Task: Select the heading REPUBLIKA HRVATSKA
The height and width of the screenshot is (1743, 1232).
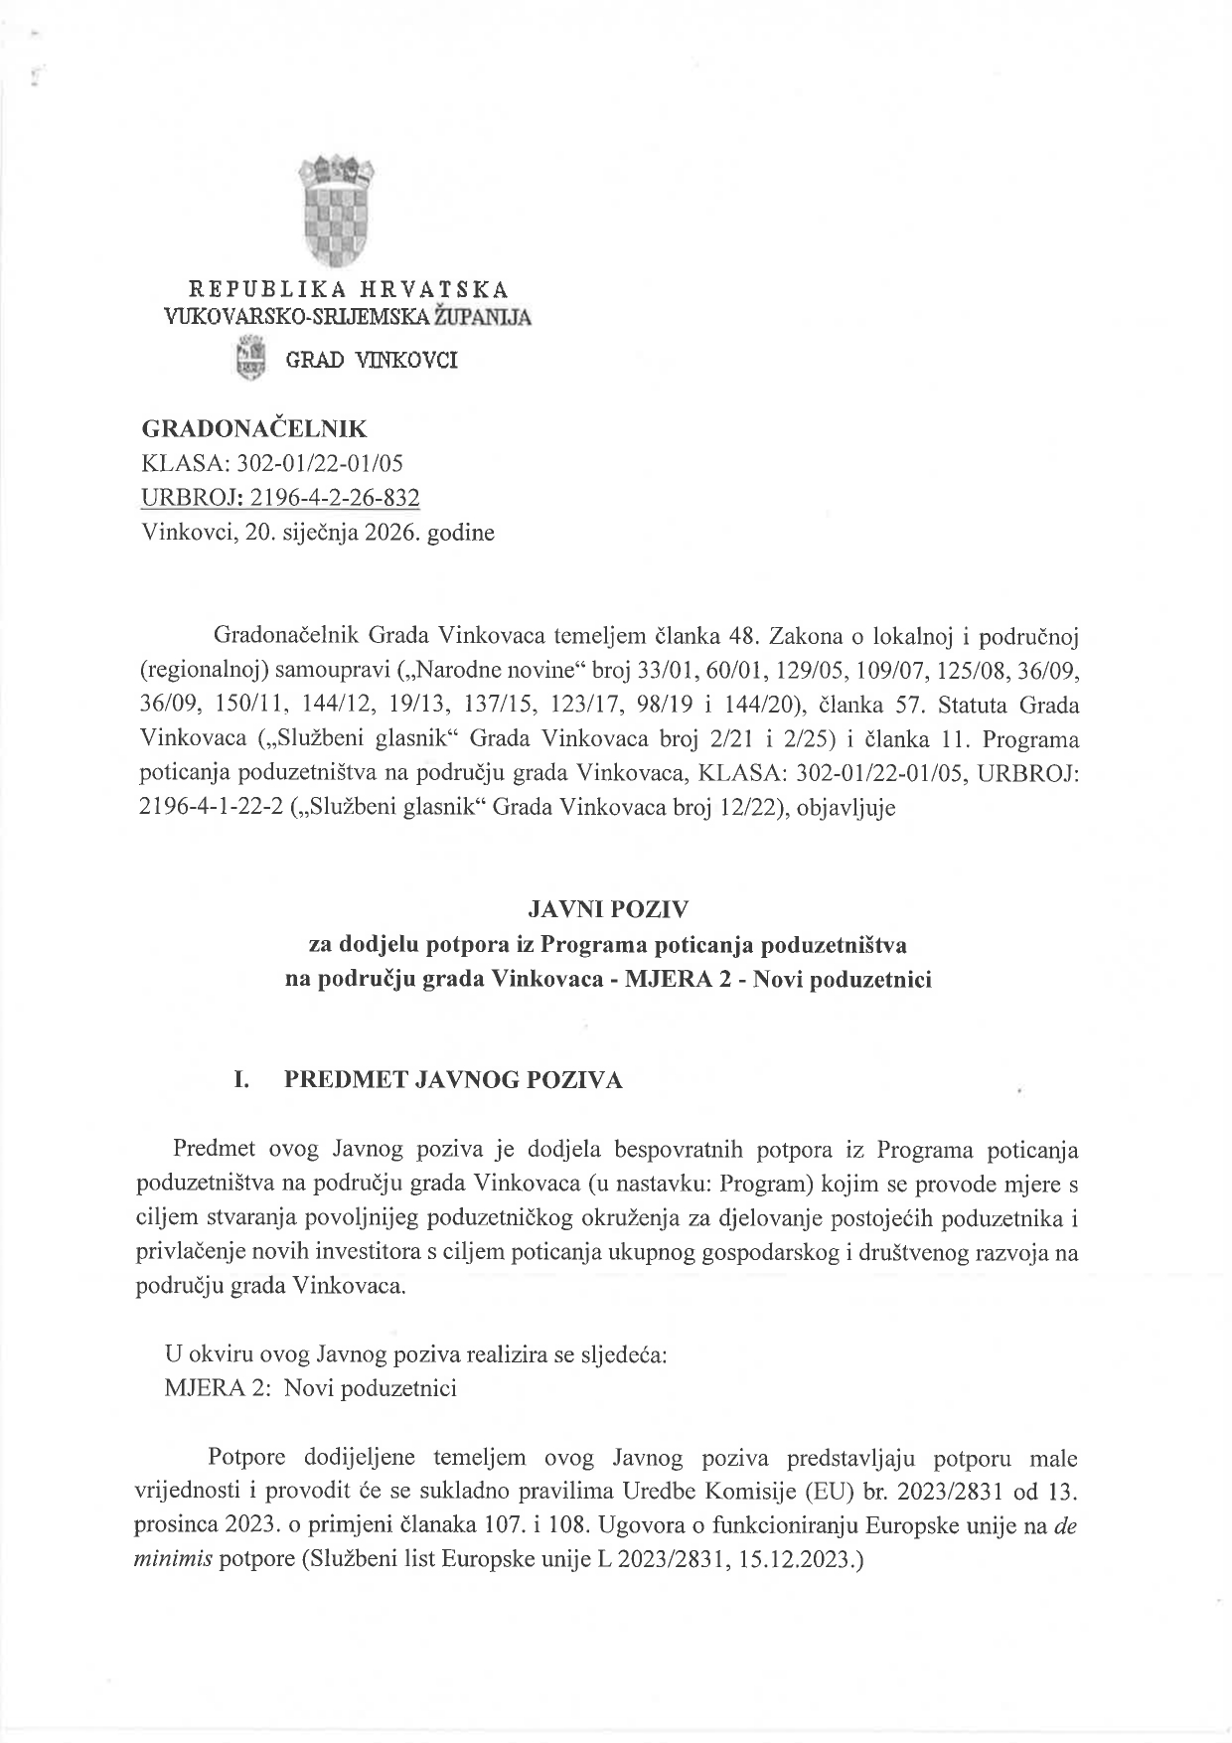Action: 348,289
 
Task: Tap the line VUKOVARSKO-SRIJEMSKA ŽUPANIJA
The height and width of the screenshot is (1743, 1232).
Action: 347,317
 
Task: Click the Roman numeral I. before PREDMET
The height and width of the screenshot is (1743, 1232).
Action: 241,1080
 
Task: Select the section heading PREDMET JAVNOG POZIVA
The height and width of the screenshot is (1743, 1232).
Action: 453,1080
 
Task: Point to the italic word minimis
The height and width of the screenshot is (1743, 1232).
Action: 171,1559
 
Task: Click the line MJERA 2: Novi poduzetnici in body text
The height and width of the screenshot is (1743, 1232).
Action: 310,1388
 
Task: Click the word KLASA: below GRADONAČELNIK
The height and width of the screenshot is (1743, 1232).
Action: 176,463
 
